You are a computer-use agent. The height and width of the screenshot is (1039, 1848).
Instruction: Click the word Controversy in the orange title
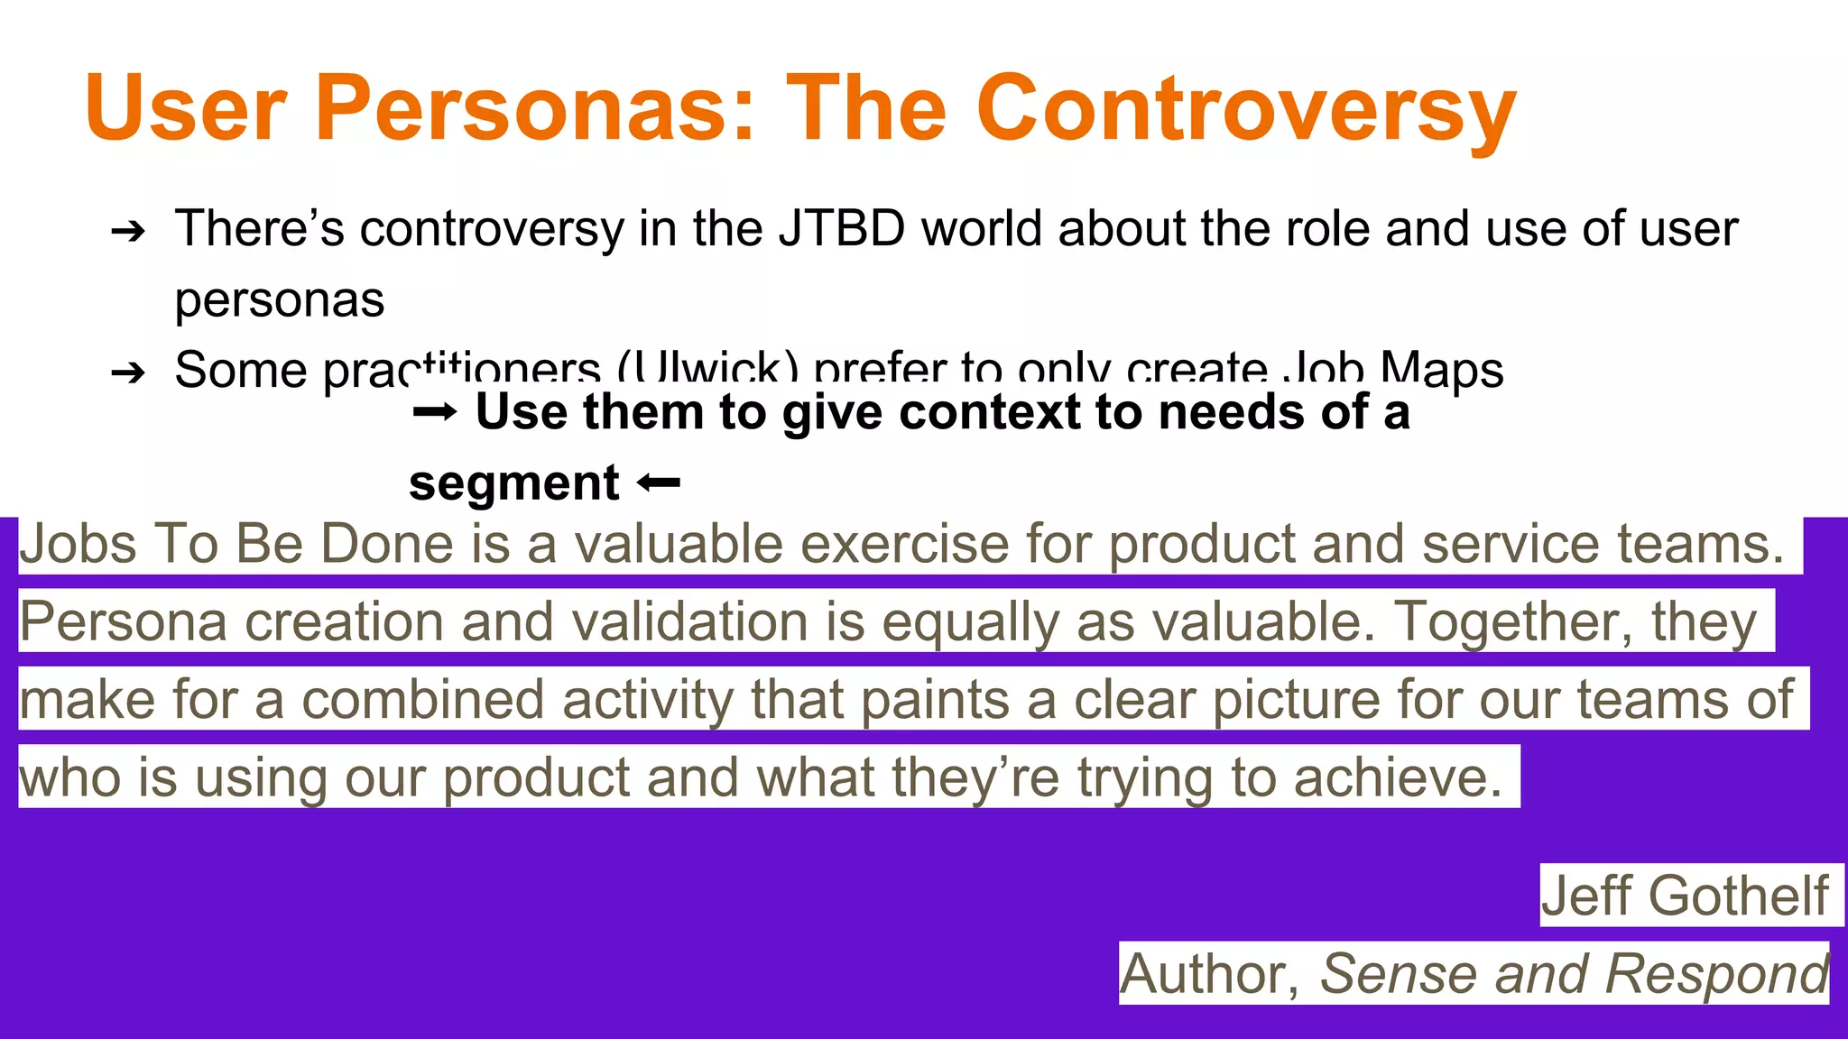(x=1245, y=110)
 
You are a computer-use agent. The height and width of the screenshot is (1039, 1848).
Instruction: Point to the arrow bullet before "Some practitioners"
(x=128, y=372)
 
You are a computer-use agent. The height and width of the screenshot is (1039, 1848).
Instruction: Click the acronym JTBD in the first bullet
(x=842, y=228)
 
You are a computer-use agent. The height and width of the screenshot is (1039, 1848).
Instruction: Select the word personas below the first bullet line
(x=280, y=299)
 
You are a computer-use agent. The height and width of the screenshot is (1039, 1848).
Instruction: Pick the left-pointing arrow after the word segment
(x=658, y=484)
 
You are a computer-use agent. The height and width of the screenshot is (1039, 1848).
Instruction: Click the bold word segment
(x=513, y=484)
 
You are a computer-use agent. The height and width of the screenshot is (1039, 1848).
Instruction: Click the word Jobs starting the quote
(x=79, y=545)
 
